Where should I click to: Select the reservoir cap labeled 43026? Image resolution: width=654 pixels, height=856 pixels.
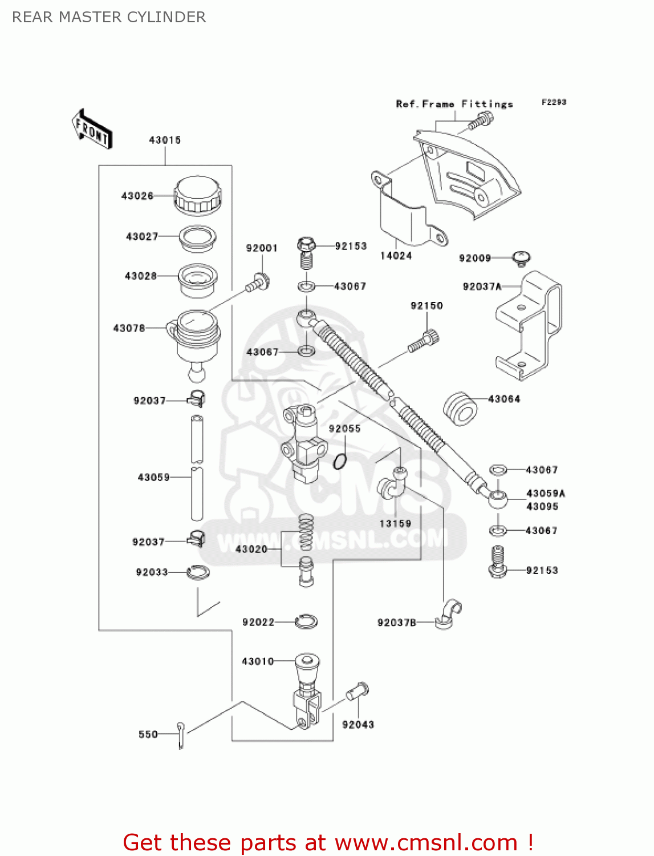[197, 195]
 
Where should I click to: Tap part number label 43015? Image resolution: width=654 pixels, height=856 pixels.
[165, 140]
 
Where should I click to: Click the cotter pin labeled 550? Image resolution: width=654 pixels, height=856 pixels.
[181, 735]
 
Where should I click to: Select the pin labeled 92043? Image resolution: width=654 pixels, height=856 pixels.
[358, 692]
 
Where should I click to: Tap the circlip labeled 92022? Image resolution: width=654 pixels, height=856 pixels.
[307, 621]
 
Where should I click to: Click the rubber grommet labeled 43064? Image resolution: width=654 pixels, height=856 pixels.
[460, 409]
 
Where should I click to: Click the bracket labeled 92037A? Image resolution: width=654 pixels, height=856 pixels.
[528, 326]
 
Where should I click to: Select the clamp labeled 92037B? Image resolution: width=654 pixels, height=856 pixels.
[448, 614]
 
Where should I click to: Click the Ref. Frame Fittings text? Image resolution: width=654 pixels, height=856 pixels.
[454, 104]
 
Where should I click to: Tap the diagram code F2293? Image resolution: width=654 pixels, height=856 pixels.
[554, 102]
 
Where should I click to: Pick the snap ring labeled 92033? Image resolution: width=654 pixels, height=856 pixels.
[198, 572]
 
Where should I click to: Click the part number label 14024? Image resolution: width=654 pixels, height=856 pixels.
[396, 256]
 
